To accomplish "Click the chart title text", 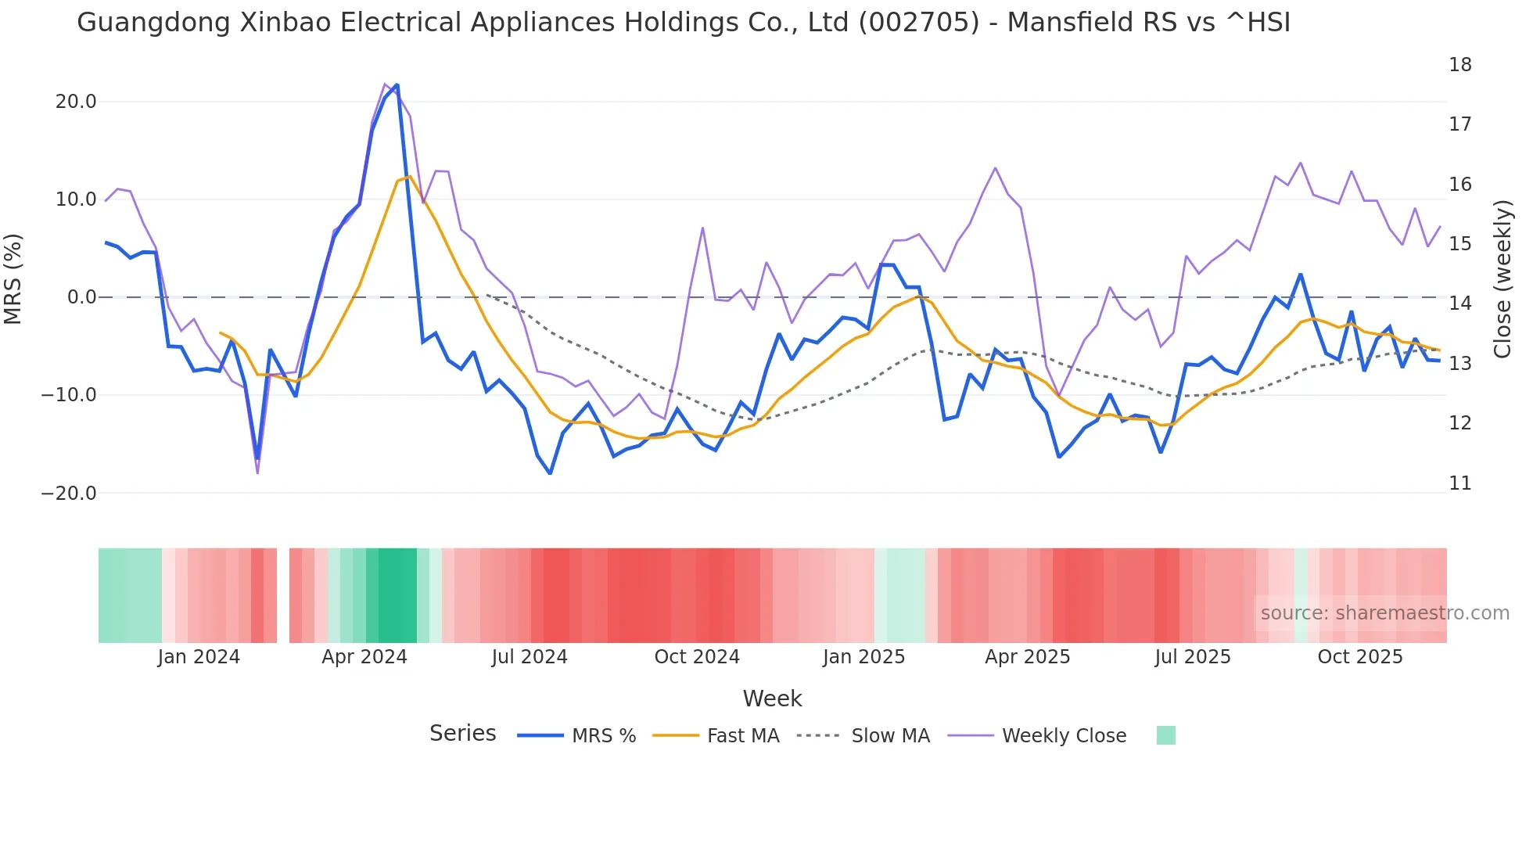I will [683, 23].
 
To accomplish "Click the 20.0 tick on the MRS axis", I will [76, 102].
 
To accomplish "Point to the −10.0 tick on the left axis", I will [70, 395].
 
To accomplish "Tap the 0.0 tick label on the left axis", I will [81, 297].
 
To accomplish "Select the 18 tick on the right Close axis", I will [1459, 65].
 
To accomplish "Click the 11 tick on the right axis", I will [1459, 483].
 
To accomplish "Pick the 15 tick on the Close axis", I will [1459, 244].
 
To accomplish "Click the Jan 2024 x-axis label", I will [199, 657].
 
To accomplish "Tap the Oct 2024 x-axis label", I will [697, 657].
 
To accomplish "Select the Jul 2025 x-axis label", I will [1193, 657].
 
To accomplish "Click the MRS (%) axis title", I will [13, 278].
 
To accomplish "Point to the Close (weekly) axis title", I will [1502, 279].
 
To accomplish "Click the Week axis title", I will [772, 699].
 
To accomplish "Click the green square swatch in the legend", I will [1165, 735].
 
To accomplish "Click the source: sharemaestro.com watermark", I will [1384, 613].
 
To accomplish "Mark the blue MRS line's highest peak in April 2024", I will [397, 84].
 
